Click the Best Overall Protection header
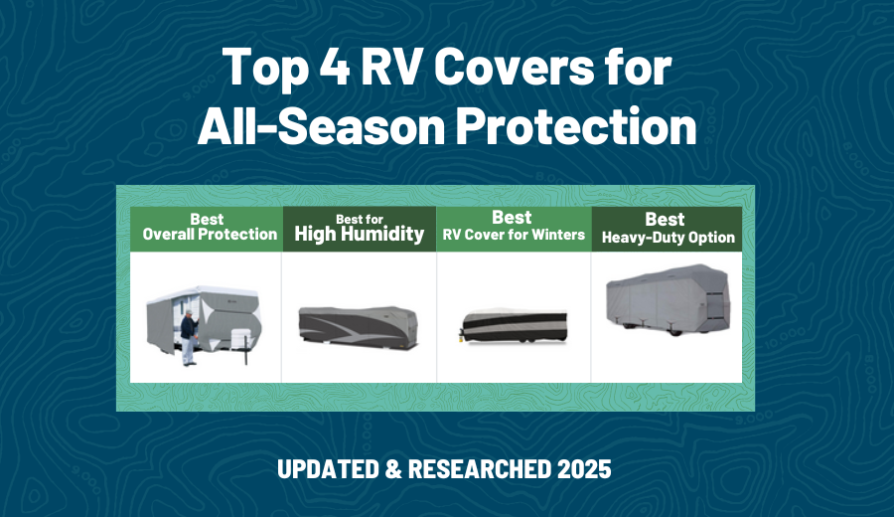coord(207,228)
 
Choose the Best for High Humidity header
coord(359,228)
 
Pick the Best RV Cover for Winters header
coord(514,228)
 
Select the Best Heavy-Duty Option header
coord(668,229)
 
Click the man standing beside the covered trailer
coord(187,336)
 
